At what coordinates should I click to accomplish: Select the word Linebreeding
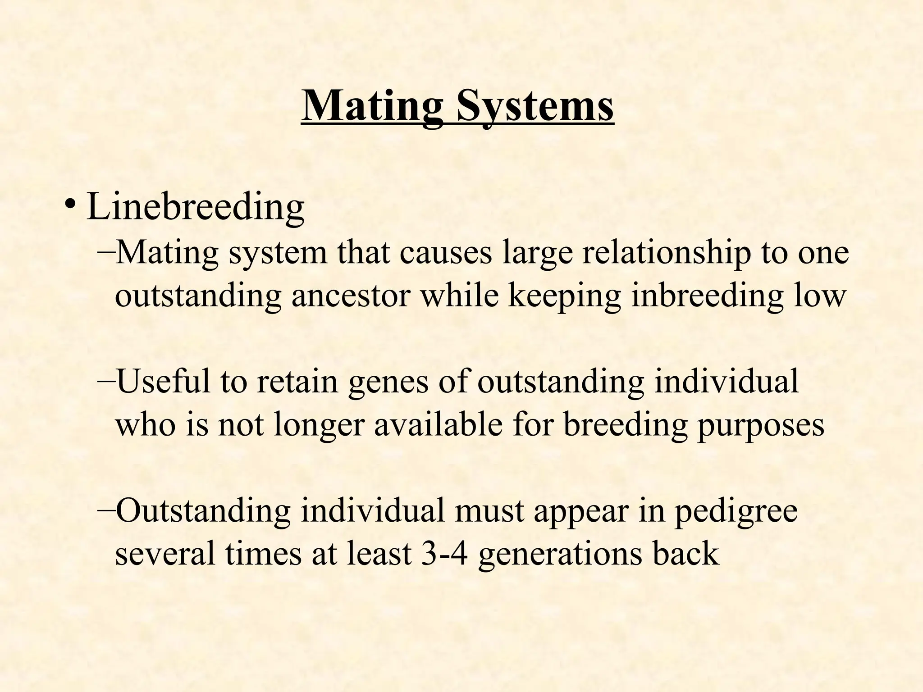click(195, 206)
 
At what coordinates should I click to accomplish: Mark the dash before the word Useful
click(106, 381)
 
